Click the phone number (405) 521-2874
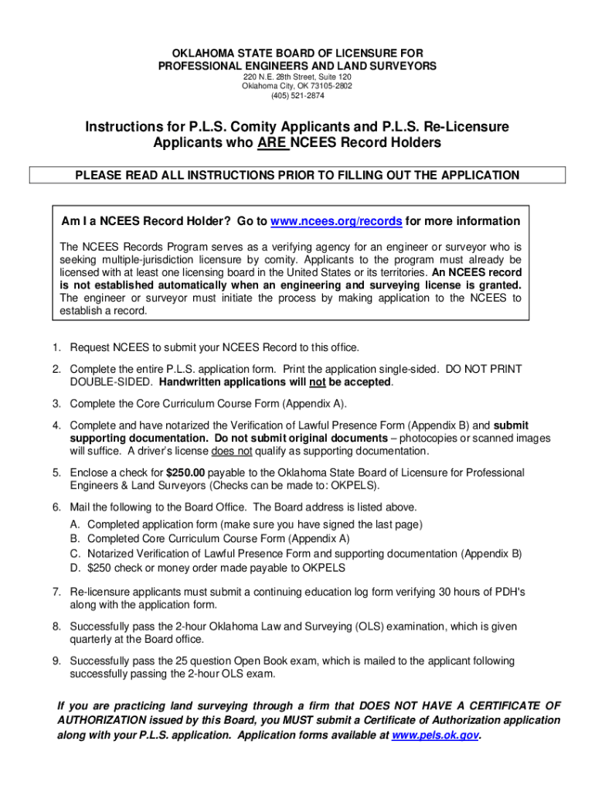pos(297,96)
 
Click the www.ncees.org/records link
pos(336,222)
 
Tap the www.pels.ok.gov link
pos(436,736)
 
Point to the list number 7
pos(56,592)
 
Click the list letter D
pos(75,568)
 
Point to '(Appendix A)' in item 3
pos(316,404)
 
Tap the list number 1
pos(56,347)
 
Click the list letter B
pos(75,538)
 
